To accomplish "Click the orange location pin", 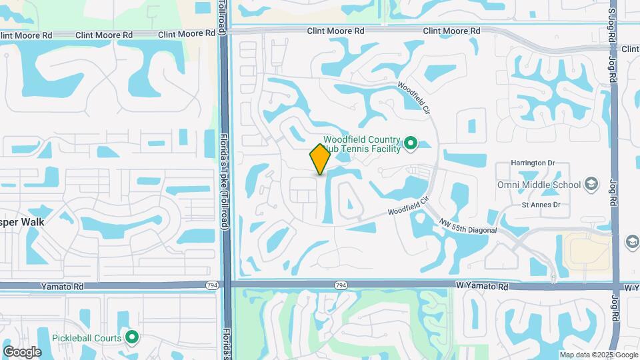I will (x=320, y=159).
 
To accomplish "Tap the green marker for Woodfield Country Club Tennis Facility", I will (x=411, y=143).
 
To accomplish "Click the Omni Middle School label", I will (x=538, y=185).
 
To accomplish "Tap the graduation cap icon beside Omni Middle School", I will (x=590, y=184).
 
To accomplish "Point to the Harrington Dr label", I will (x=533, y=163).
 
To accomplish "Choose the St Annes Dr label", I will (x=541, y=205).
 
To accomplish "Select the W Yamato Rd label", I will (x=482, y=286).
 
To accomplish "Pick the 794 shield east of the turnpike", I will (x=340, y=285).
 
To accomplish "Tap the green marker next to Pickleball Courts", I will (x=132, y=338).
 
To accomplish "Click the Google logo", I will (x=22, y=351).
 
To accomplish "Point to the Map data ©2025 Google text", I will (x=598, y=355).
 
